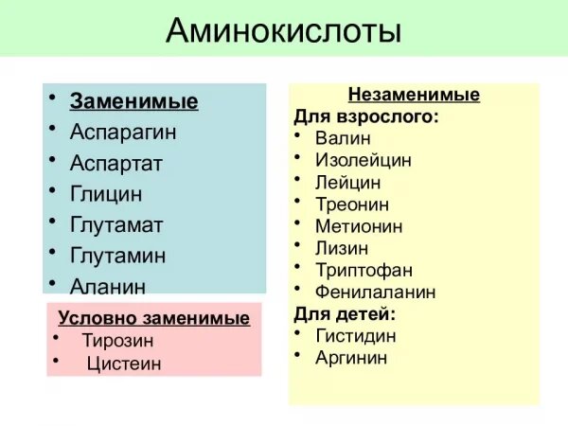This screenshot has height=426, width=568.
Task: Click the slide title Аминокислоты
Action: pos(283,31)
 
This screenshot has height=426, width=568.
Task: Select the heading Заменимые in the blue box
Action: pos(133,102)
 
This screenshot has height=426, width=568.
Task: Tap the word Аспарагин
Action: pos(123,132)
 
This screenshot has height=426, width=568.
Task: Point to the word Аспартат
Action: pos(116,163)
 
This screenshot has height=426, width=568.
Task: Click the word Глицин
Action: pos(106,194)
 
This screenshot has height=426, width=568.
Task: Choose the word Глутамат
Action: pos(116,225)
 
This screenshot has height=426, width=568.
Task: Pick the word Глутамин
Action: pos(118,256)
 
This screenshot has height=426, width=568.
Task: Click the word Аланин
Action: pos(108,286)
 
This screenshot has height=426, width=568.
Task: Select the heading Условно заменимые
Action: pos(153,318)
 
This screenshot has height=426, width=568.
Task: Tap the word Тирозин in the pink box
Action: pos(117,340)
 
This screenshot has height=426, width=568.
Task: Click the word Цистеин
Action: pos(124,363)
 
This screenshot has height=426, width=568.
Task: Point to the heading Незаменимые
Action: pos(414,96)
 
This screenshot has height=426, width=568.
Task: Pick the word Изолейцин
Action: pos(364,160)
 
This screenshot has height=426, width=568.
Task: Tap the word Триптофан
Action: pos(364,270)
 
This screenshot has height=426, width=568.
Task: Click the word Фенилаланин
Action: pos(376,292)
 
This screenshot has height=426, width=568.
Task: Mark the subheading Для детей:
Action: pos(345,313)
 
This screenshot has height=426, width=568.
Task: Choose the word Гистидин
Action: pos(356,336)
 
